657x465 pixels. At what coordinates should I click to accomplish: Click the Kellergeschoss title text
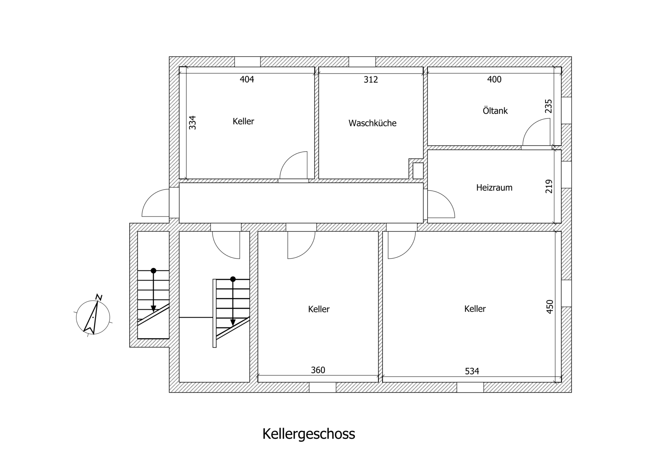coord(309,434)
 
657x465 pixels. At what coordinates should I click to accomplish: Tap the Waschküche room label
coord(372,123)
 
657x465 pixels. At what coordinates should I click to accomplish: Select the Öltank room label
coord(495,110)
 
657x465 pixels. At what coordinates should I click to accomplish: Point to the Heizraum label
coord(494,188)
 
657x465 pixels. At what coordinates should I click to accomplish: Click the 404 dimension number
coord(247,79)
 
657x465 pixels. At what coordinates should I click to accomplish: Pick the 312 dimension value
coord(371,79)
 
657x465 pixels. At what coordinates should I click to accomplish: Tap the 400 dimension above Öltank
coord(494,79)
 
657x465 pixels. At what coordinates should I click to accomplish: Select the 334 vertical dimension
coord(192,123)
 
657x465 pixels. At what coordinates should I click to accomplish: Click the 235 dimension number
coord(549,106)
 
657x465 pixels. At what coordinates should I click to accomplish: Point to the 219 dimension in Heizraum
coord(549,186)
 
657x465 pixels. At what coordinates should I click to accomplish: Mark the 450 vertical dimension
coord(550,307)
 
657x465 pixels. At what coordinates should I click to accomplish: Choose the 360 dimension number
coord(318,370)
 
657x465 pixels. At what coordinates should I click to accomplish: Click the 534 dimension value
coord(472,371)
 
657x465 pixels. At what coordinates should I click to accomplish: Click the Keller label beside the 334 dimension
coord(243,121)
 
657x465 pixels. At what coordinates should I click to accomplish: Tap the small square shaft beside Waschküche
coord(418,171)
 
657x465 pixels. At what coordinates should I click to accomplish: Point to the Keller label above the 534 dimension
coord(475,309)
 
